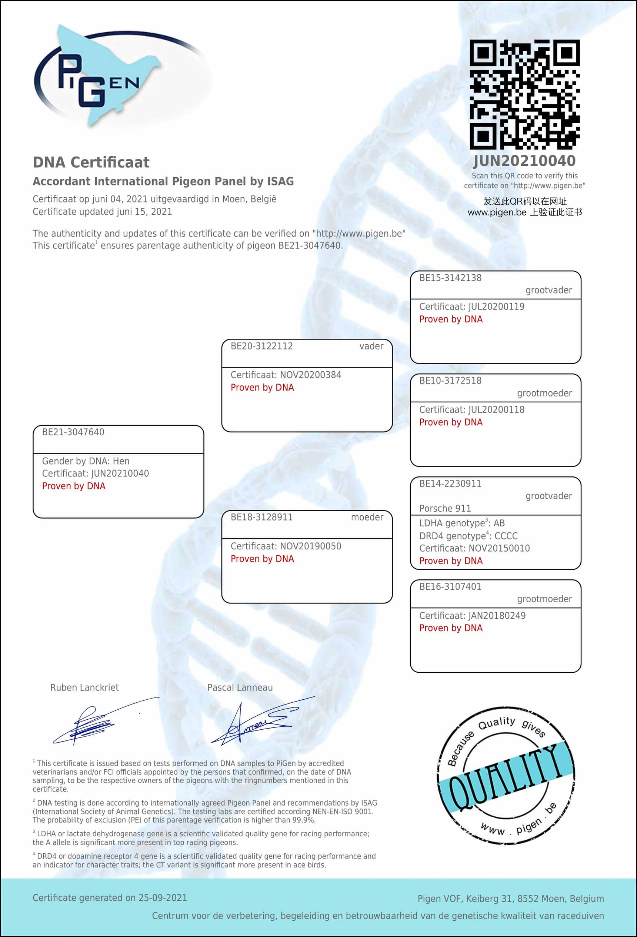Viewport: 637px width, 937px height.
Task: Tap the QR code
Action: click(524, 94)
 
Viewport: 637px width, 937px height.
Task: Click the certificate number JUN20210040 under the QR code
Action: click(524, 161)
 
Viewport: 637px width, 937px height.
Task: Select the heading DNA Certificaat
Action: click(91, 162)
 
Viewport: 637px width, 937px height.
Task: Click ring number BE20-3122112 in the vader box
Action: click(261, 346)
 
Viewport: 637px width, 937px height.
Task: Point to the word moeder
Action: click(367, 517)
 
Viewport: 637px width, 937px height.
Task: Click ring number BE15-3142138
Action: click(450, 277)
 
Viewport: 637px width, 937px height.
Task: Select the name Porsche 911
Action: click(445, 508)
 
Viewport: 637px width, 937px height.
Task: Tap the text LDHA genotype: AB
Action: click(461, 523)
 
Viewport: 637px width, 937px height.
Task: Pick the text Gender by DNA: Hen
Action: click(86, 461)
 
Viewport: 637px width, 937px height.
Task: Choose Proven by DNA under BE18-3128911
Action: click(262, 558)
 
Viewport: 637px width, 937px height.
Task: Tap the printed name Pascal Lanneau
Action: click(240, 687)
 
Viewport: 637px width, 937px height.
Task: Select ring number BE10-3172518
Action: click(450, 380)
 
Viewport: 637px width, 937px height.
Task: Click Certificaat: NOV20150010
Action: click(474, 548)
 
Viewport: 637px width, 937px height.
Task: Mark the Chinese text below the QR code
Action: click(524, 207)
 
